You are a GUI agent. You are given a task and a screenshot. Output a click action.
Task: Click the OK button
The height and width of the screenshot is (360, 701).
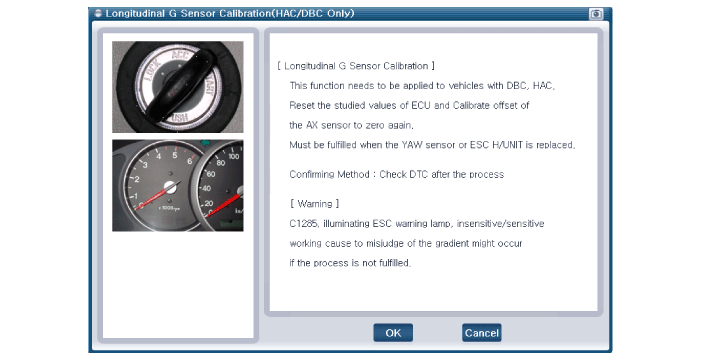point(393,333)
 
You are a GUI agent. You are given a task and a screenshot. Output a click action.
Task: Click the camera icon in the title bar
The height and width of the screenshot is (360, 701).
point(596,14)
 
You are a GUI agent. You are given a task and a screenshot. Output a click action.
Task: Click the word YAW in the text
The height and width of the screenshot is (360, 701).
point(412,145)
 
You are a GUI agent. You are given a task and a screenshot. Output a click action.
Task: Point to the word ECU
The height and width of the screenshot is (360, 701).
point(421,106)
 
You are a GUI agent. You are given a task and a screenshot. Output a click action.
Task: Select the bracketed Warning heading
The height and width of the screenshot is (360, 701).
point(315,204)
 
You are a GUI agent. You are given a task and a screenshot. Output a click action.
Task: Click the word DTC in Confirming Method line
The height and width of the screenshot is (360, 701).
point(418,174)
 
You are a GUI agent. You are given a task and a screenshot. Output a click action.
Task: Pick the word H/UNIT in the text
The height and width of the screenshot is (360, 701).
point(507,145)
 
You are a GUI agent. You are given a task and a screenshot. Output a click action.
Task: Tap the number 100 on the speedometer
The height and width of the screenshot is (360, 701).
point(234,156)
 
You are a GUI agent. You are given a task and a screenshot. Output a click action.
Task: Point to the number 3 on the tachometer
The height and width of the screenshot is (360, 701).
point(145,165)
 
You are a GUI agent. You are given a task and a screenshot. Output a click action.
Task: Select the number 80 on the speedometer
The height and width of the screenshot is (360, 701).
point(220,163)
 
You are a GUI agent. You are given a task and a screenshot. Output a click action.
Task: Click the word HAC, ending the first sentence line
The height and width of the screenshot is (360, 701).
point(544,86)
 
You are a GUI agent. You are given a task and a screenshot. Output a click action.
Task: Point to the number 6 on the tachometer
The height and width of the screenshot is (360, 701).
point(190,161)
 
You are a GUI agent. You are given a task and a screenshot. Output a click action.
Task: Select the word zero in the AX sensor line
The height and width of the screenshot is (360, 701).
point(375,125)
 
